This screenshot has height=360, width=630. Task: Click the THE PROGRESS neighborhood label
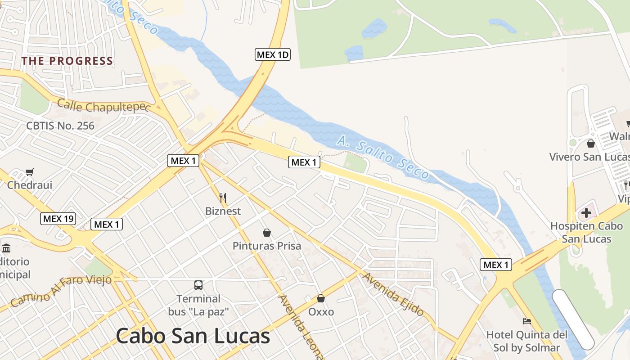tap(67, 61)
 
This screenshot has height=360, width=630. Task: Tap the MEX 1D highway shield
tap(273, 55)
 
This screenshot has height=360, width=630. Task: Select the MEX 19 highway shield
tap(58, 219)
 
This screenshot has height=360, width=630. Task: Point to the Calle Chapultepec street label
tap(103, 106)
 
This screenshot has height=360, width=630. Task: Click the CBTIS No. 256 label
tap(60, 126)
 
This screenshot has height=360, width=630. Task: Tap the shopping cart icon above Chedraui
tap(30, 172)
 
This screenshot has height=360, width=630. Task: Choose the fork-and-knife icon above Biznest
tap(222, 198)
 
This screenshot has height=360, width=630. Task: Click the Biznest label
tap(223, 211)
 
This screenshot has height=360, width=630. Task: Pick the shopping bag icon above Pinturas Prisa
tap(267, 233)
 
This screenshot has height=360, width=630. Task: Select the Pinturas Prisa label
tap(267, 246)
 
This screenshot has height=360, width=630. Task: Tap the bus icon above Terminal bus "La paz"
tap(198, 285)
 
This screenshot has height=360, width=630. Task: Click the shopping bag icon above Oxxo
tap(321, 298)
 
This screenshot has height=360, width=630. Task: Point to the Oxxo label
tap(321, 312)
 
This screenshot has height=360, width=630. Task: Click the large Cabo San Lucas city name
tap(193, 336)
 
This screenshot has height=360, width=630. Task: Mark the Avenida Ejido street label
tap(394, 294)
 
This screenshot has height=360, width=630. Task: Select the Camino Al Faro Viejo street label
tap(61, 291)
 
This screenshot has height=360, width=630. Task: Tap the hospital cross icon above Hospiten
tap(586, 212)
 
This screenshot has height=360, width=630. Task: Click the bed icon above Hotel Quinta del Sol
tap(526, 321)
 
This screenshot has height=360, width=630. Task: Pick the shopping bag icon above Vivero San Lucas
tap(590, 144)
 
